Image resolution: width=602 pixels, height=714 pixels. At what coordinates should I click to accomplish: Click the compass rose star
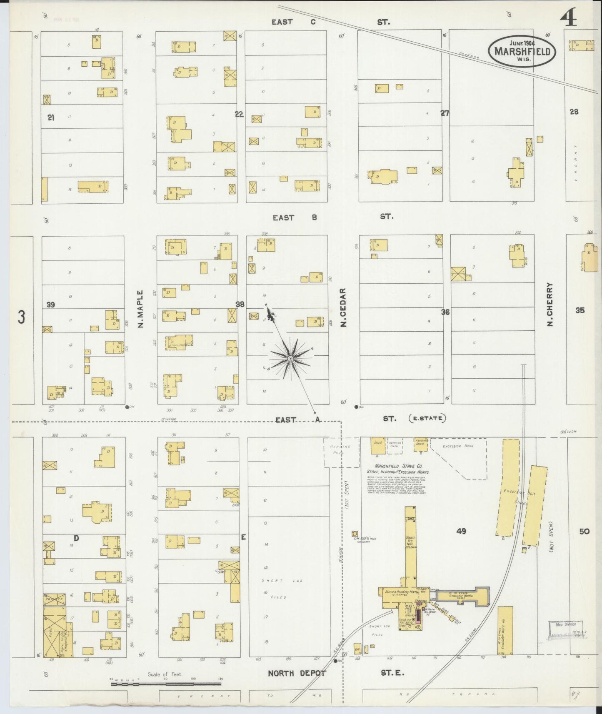[290, 358]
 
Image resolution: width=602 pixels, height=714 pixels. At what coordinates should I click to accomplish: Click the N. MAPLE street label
[140, 308]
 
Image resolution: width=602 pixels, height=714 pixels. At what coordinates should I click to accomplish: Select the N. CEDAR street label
[344, 307]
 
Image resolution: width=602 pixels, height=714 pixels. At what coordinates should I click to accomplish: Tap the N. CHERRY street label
[550, 304]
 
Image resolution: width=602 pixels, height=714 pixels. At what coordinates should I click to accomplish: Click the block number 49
[461, 531]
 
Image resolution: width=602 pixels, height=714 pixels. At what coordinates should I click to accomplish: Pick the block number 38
[240, 305]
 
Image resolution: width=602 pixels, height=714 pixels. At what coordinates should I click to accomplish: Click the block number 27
[445, 113]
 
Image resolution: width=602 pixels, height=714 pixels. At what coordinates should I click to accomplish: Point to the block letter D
[76, 538]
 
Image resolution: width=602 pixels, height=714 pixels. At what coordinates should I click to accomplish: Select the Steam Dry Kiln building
[410, 542]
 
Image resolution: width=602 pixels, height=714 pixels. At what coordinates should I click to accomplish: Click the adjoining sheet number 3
[21, 317]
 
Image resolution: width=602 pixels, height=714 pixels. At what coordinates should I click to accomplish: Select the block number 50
[584, 531]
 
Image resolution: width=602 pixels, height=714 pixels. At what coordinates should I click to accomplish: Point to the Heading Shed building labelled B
[420, 444]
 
